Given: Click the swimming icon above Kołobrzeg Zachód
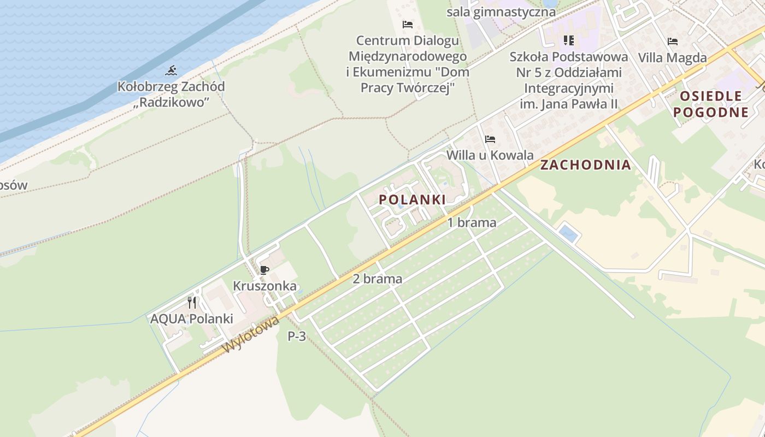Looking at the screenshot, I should (171, 70).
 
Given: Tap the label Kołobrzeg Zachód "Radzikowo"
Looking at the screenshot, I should (171, 94).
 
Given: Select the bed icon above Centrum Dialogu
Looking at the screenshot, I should (407, 25).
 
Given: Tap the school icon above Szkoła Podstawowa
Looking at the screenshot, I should (569, 40).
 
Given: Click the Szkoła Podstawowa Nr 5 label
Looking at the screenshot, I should (569, 80).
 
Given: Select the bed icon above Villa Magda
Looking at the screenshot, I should (673, 42).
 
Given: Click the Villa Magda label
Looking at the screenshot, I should (672, 57).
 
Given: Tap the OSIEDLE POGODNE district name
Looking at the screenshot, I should (710, 104).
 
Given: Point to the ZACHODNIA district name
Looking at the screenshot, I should (585, 165).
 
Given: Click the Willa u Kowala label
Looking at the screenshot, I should (490, 155).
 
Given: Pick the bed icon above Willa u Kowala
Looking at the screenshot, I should (490, 139).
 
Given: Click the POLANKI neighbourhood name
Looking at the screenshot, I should (412, 200).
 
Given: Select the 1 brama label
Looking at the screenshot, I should (472, 222).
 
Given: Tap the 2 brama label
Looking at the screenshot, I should (377, 279).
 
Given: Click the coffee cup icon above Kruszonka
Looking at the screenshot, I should (264, 270).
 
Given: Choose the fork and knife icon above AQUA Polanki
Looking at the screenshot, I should (192, 303).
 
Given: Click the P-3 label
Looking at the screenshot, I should (297, 336).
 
